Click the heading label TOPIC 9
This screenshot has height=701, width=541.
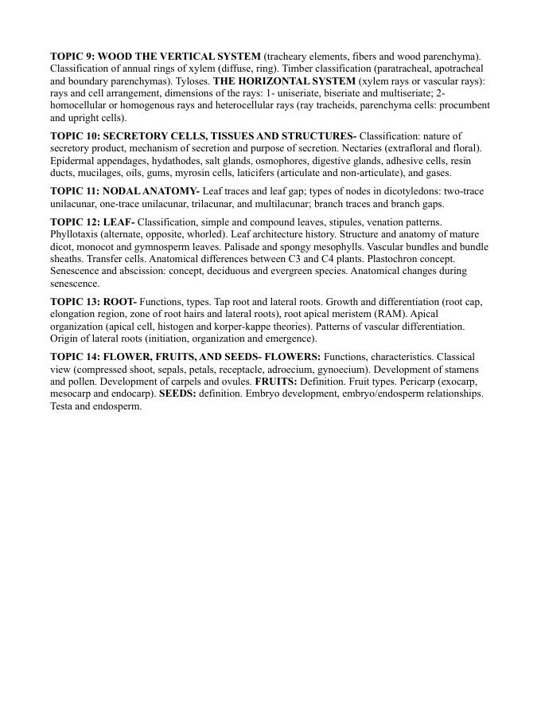tap(72, 57)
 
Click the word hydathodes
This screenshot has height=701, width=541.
tap(177, 160)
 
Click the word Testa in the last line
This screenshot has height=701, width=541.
tap(60, 406)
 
